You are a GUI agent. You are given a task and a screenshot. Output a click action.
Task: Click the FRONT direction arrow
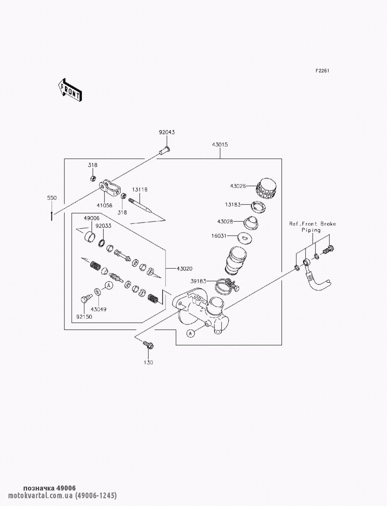(x=70, y=90)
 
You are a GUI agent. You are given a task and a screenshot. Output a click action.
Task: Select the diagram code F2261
(x=322, y=71)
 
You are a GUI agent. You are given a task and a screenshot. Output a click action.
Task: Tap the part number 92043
(x=167, y=132)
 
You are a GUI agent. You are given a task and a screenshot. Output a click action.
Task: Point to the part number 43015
(x=220, y=145)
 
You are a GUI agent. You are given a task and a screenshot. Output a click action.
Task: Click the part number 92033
(x=103, y=226)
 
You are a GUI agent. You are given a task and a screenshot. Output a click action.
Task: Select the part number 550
(x=52, y=198)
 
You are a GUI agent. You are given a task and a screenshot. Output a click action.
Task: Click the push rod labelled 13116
(x=142, y=205)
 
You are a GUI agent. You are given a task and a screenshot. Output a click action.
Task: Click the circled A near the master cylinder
(x=190, y=333)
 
